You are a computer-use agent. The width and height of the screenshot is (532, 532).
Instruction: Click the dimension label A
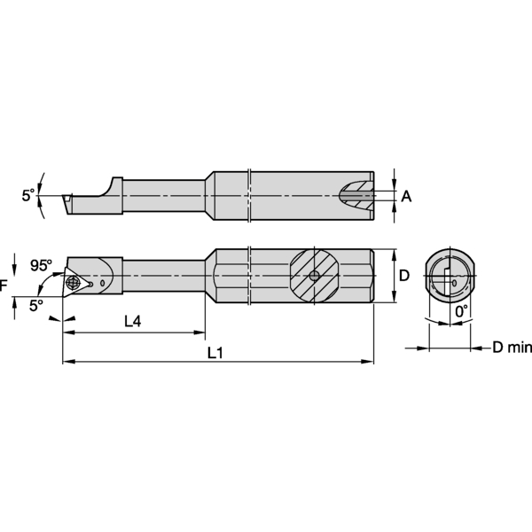(406, 196)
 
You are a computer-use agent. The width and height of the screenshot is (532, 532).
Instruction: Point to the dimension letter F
(4, 286)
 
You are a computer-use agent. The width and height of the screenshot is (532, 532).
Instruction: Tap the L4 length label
(132, 322)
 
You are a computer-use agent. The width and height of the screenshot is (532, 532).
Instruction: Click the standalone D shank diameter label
(404, 276)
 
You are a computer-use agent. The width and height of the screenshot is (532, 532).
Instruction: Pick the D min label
(512, 347)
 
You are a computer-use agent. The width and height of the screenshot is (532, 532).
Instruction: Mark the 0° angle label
(460, 312)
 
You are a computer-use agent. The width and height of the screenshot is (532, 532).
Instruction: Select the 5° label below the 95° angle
(35, 305)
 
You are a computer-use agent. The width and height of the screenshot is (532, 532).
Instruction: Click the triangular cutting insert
(76, 281)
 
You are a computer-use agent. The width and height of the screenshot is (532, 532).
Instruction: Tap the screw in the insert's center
(73, 283)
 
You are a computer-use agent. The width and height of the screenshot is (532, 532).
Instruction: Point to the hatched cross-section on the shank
(314, 276)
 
